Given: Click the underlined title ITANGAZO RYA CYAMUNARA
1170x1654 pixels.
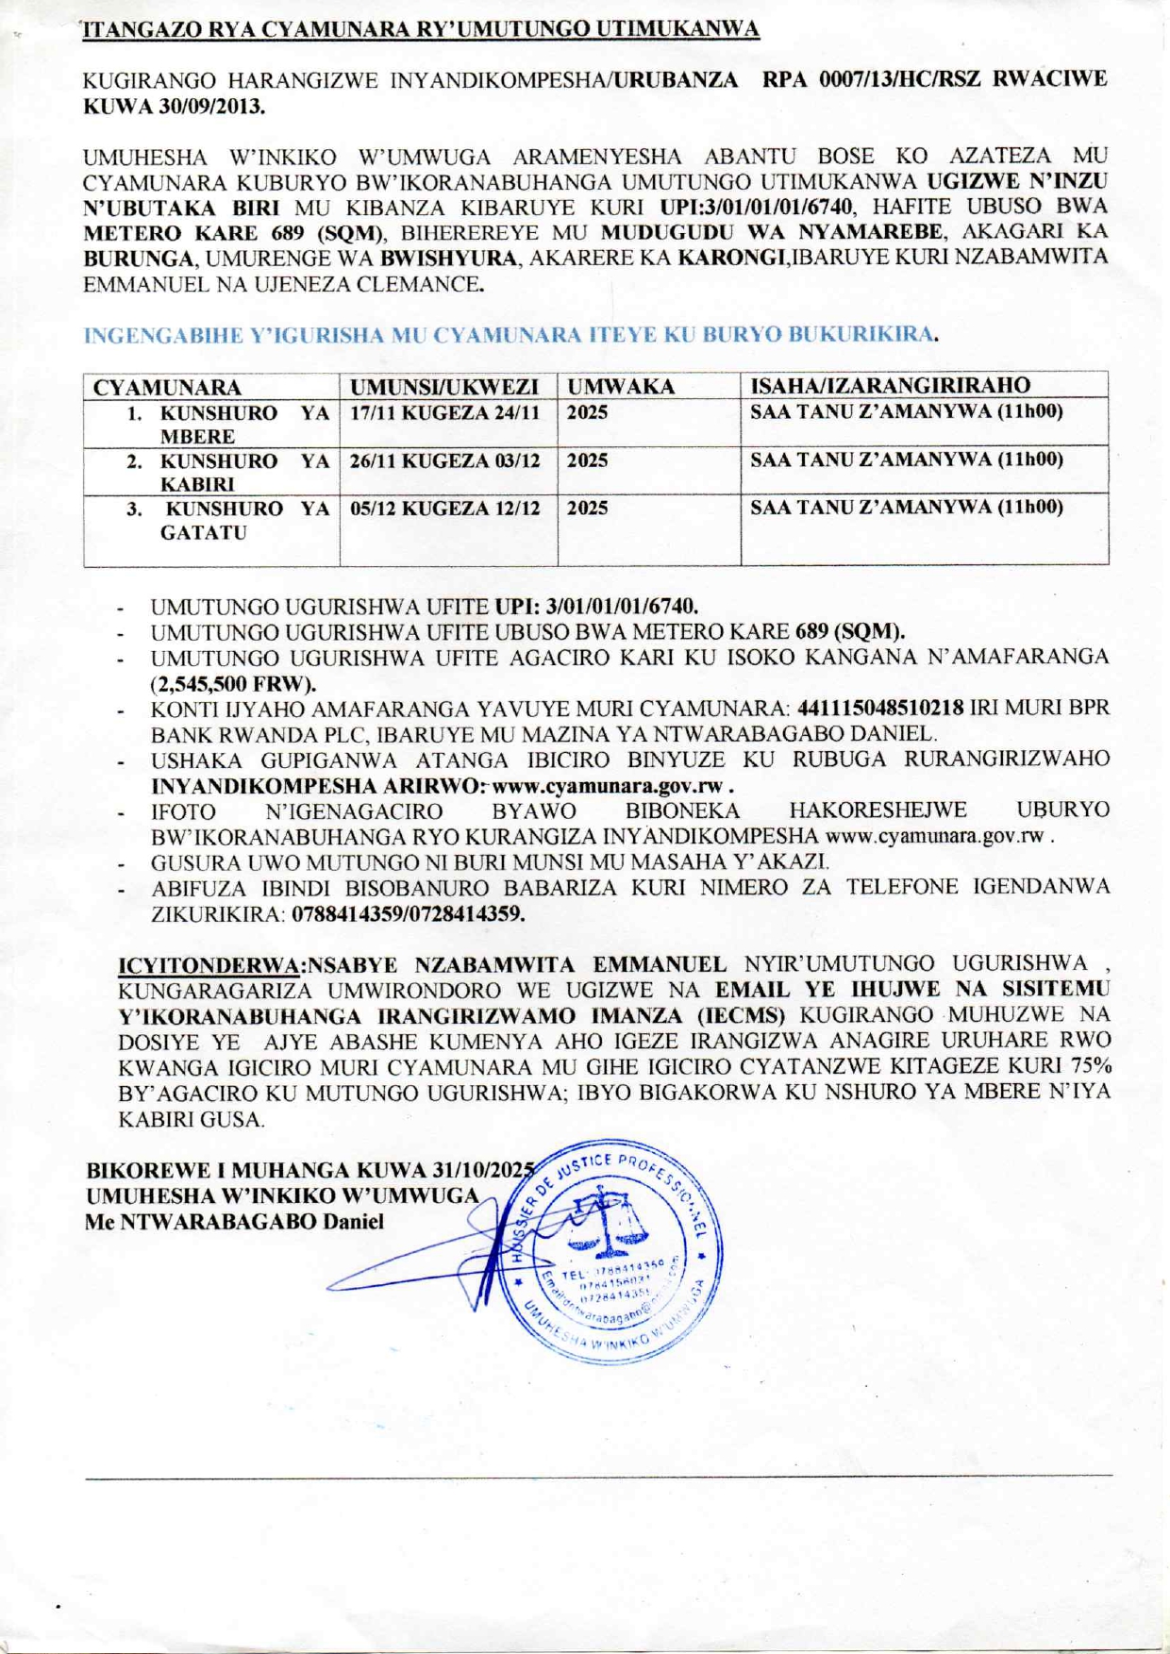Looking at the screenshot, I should coord(421,29).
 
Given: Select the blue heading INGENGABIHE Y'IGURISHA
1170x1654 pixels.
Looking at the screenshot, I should coord(510,335).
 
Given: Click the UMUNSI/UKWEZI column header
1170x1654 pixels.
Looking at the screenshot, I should coord(444,387).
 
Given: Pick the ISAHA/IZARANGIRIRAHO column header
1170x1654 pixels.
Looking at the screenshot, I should coord(890,386).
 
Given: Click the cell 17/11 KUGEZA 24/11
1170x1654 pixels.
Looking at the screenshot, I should coord(445,413).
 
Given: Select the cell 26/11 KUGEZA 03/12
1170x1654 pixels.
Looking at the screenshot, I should coord(445,461).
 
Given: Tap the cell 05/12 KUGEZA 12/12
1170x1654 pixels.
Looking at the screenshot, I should coord(445,509).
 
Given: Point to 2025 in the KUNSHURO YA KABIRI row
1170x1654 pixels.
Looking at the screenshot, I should coord(588,461).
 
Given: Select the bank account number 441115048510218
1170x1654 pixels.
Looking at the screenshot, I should coord(880,708).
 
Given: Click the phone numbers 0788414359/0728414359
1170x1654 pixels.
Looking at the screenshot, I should coord(408,914).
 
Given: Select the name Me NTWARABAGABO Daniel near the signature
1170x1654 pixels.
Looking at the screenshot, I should coord(234,1223).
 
